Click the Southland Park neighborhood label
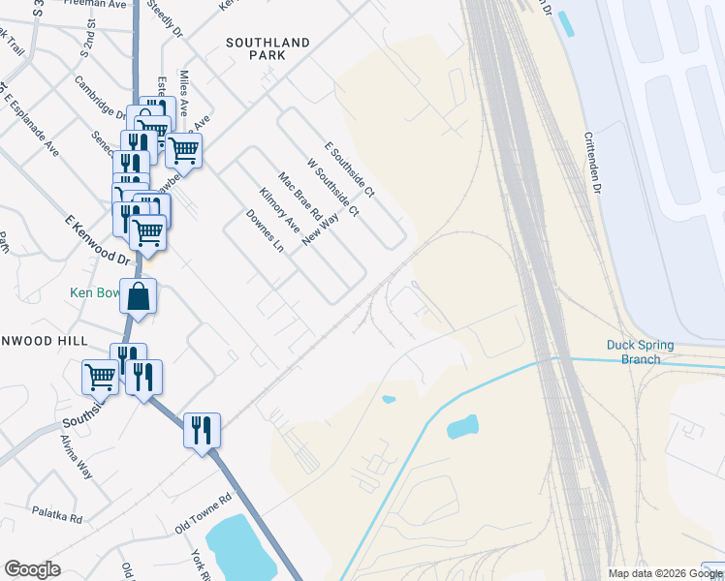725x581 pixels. (268, 49)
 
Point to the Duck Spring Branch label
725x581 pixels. (640, 352)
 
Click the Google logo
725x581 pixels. (32, 569)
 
